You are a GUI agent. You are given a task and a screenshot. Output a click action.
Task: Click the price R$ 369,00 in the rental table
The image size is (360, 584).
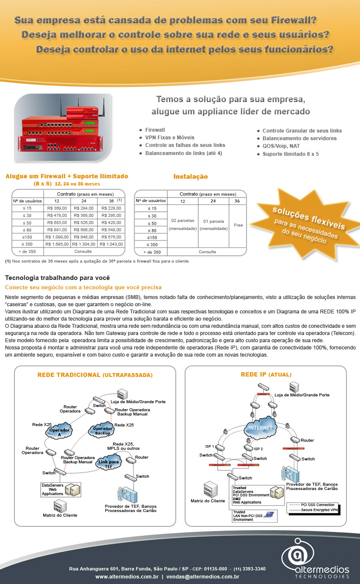(57, 208)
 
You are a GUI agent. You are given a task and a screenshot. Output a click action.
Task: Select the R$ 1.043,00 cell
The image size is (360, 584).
(111, 244)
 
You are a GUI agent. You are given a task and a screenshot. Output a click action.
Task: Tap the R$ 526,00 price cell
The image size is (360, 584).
(84, 222)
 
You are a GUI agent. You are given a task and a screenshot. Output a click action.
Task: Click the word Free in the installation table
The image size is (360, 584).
(238, 225)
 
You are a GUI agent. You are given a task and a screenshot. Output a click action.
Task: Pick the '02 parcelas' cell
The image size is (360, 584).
(183, 221)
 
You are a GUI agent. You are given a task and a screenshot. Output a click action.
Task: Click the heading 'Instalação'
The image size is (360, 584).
(191, 177)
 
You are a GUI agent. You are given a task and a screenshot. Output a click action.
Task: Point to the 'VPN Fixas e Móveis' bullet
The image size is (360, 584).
(170, 138)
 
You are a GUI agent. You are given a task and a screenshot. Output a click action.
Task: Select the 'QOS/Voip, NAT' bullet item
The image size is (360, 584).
(281, 146)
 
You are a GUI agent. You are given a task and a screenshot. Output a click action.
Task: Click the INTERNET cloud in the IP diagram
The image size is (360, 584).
(260, 427)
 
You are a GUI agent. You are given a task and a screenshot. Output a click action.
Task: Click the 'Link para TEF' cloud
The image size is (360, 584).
(108, 463)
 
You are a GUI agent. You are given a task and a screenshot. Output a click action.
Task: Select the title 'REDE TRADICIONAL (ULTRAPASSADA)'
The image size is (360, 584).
(95, 375)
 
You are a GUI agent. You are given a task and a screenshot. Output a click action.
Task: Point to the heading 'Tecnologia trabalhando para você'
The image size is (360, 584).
(58, 278)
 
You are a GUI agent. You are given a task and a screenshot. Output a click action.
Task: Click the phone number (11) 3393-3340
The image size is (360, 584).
(249, 569)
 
